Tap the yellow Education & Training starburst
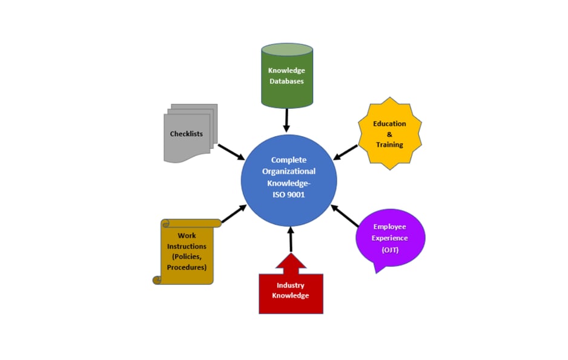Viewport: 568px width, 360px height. click(389, 134)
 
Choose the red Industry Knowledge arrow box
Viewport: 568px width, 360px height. click(291, 291)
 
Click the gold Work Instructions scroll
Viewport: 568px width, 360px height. click(187, 251)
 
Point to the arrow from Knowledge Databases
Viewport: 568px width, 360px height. click(286, 120)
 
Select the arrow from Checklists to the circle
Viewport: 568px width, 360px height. click(231, 152)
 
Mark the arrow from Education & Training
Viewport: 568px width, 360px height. click(346, 152)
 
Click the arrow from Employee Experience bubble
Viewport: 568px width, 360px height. click(345, 215)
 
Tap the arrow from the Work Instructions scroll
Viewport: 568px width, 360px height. click(234, 214)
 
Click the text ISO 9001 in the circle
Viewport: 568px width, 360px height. click(289, 194)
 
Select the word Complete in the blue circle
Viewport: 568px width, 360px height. click(289, 160)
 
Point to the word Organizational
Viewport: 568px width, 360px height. click(289, 171)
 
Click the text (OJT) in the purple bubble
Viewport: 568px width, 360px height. click(390, 250)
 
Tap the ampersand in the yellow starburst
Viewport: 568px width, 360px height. click(389, 134)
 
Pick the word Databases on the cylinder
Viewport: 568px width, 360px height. click(286, 81)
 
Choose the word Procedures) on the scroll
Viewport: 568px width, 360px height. click(187, 267)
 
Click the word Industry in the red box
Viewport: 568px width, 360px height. click(291, 285)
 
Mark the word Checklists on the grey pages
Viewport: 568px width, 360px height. click(187, 134)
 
